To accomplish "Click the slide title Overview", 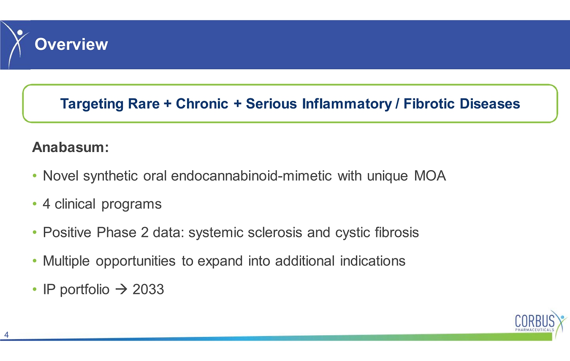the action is coord(71,44).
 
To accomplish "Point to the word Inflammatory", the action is coord(347,104).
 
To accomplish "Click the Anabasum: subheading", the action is coord(71,147).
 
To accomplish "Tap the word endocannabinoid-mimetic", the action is coord(251,176).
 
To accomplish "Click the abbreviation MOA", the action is coord(430,176).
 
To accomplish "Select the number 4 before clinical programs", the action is coord(46,204).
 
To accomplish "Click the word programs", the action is coord(132,205).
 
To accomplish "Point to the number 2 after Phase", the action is coord(144,232).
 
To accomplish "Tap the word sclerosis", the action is coord(275,232).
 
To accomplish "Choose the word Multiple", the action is coord(66,261).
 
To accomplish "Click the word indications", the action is coord(373,261).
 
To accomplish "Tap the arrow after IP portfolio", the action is coord(121,290).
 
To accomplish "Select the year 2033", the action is coord(148,290).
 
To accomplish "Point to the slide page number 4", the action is coord(7,335).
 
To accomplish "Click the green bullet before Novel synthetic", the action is coord(35,176).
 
